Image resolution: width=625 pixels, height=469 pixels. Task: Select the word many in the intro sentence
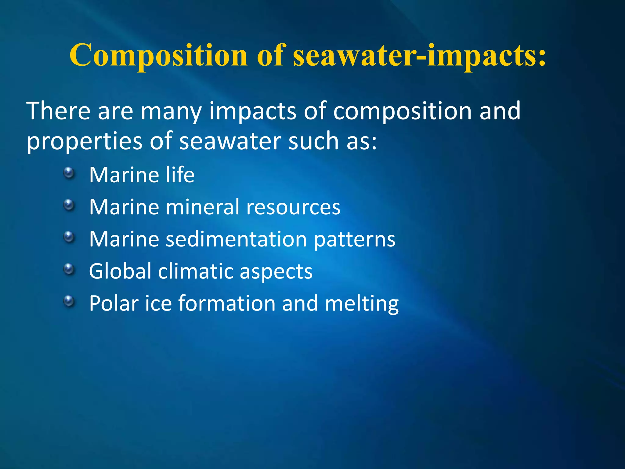171,112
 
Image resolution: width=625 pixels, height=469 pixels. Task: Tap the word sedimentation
236,239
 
